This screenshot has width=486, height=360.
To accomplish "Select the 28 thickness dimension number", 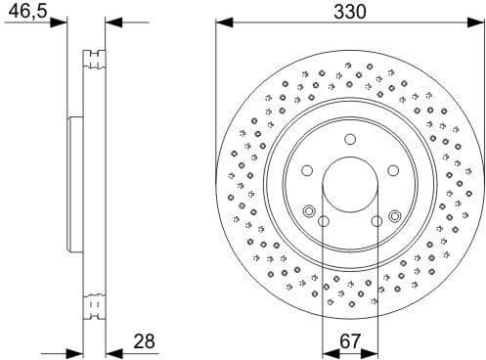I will coord(145,341).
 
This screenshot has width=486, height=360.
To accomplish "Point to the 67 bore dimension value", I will coord(349,341).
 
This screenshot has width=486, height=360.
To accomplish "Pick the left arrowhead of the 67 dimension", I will coord(327,352).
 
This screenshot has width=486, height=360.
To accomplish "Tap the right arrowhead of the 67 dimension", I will coord(373,352).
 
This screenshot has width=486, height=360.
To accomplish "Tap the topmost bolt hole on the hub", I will coord(349,140).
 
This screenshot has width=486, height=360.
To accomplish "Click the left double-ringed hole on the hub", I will coord(309,212).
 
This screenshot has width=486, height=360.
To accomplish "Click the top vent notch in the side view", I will coord(94,57).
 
